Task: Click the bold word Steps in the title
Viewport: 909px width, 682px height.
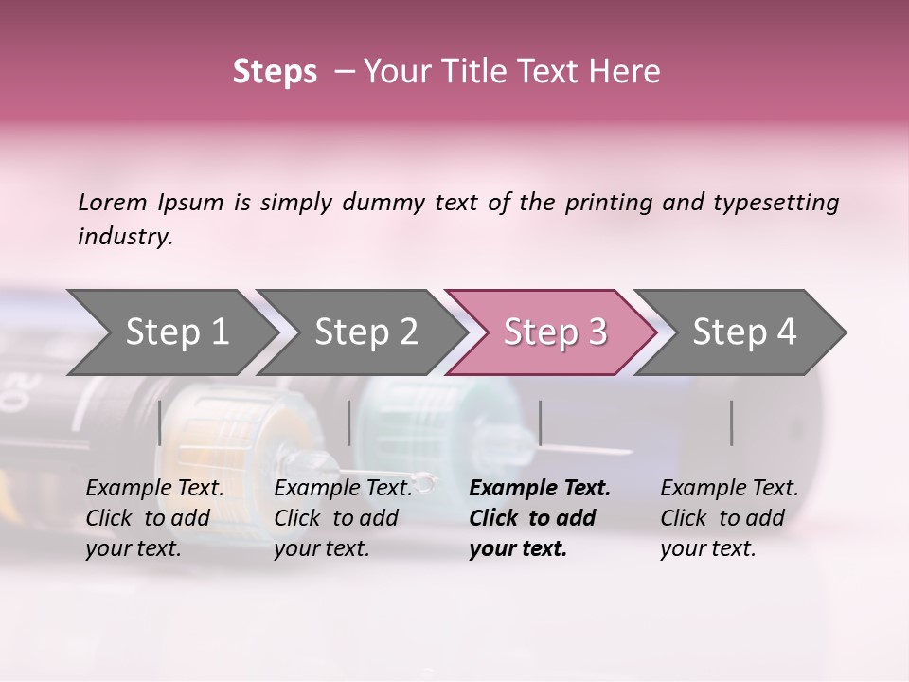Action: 275,72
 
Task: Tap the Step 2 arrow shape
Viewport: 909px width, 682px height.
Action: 365,332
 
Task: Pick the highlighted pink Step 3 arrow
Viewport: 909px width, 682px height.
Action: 555,332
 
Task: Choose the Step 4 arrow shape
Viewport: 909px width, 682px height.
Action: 744,332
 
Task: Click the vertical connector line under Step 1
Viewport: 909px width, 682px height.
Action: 160,422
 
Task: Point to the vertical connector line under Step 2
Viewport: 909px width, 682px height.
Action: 349,422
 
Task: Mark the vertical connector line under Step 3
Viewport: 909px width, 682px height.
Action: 540,422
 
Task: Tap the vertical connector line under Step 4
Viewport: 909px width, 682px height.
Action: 732,422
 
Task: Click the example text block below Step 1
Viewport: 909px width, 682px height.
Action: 154,518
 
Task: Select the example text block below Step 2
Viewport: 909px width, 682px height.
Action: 343,518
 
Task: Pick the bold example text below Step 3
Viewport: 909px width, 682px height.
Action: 540,518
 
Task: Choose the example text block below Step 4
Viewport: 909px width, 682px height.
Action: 729,518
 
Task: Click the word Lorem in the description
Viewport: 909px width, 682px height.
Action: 113,203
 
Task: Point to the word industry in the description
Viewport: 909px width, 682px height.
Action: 125,237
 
